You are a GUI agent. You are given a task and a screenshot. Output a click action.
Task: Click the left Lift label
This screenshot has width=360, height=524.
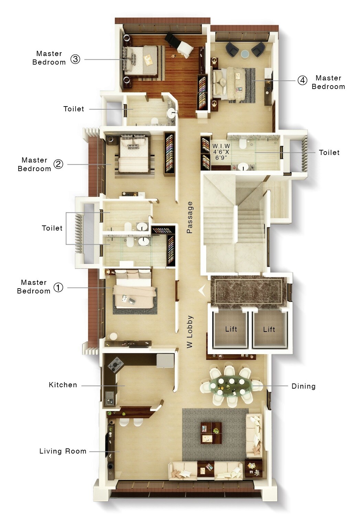pyautogui.click(x=231, y=329)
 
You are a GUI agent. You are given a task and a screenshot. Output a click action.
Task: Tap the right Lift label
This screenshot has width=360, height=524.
pyautogui.click(x=269, y=330)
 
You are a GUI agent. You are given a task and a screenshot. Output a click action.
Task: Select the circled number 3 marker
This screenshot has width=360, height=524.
pyautogui.click(x=75, y=59)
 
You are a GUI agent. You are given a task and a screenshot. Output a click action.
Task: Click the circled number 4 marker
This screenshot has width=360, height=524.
pyautogui.click(x=302, y=80)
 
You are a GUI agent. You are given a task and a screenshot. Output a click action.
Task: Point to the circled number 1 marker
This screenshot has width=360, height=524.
pyautogui.click(x=58, y=287)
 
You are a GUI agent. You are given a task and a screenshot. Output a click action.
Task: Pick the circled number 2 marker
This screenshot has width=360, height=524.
pyautogui.click(x=58, y=164)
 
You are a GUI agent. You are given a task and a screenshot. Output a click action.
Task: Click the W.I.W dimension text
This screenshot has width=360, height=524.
pyautogui.click(x=221, y=152)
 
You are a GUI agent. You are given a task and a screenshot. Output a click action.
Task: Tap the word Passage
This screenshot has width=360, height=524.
pyautogui.click(x=189, y=218)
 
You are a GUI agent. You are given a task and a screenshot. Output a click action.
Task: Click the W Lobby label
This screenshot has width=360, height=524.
pyautogui.click(x=189, y=332)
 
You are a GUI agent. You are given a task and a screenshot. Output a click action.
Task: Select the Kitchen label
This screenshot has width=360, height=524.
pyautogui.click(x=63, y=385)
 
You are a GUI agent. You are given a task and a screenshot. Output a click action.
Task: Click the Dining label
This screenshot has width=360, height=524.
pyautogui.click(x=303, y=386)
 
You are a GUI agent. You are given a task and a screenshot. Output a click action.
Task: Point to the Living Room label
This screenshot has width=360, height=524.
pyautogui.click(x=63, y=451)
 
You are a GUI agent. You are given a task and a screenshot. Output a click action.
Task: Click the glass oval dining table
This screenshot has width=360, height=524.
pyautogui.click(x=231, y=387)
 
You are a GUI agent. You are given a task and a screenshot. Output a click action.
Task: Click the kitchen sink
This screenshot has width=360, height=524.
pyautogui.click(x=109, y=398)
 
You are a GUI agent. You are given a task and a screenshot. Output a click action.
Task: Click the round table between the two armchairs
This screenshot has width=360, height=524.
pyautogui.click(x=245, y=54)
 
